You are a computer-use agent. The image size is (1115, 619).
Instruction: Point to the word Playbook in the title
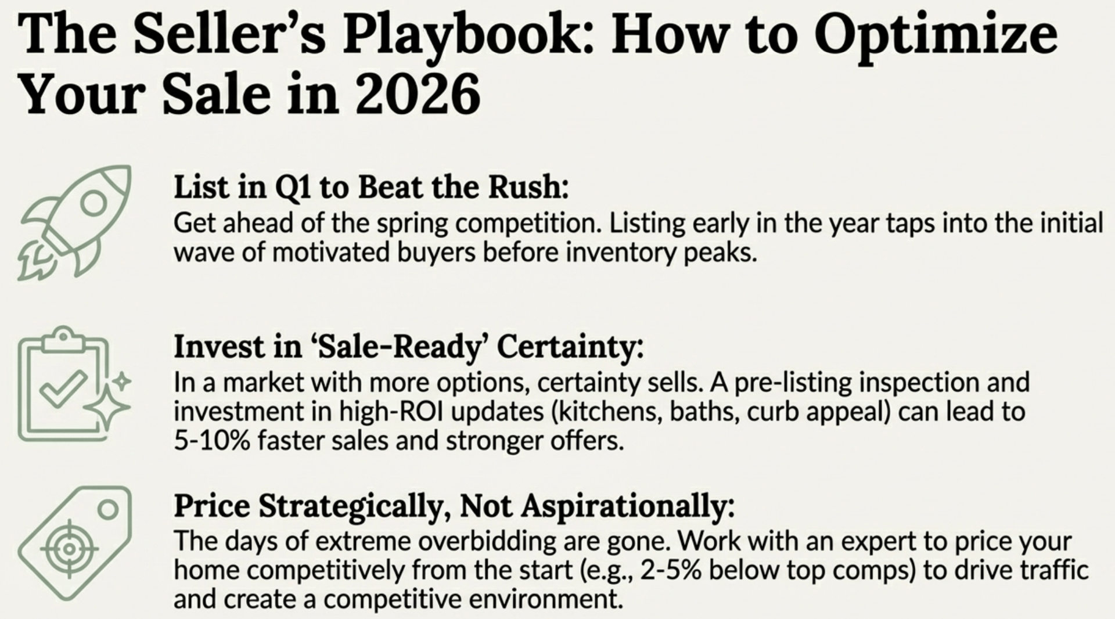pos(468,36)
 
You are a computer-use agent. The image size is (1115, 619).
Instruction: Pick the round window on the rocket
pos(93,202)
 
